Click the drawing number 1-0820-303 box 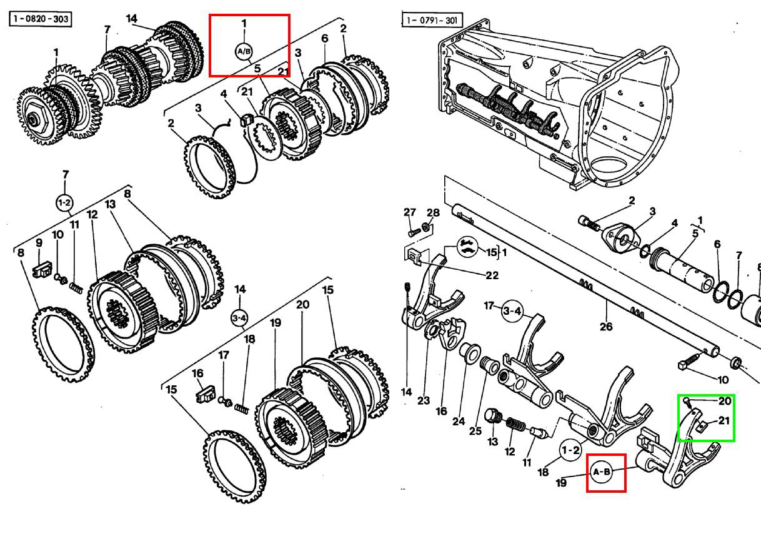pos(40,19)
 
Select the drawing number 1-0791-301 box pos(431,20)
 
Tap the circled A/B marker pos(244,51)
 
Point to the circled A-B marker pos(602,472)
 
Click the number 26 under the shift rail pos(605,325)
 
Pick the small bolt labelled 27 pos(411,231)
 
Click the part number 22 pos(492,275)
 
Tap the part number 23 pos(424,399)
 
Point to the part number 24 pos(459,421)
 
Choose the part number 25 pos(475,430)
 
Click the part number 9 pos(39,243)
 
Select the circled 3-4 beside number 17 pos(512,310)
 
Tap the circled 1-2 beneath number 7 pos(65,203)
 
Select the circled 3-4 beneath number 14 pos(240,317)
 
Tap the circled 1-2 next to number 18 pos(570,450)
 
